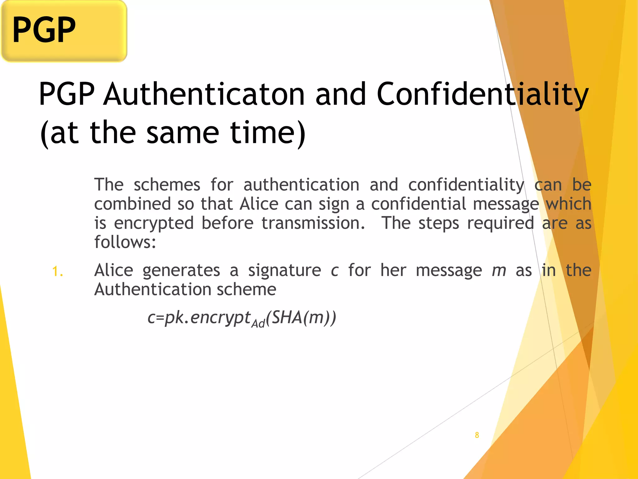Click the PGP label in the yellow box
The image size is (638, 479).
[44, 30]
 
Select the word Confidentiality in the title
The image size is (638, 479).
[483, 94]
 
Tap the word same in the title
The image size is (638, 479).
[183, 133]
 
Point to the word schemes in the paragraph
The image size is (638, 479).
[167, 185]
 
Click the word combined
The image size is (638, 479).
[133, 204]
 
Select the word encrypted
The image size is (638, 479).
[154, 223]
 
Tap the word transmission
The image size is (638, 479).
[313, 223]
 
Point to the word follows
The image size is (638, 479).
[125, 242]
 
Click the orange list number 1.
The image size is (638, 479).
[57, 271]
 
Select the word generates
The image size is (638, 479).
[181, 270]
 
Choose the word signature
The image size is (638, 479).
[284, 270]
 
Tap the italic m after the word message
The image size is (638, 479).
[499, 270]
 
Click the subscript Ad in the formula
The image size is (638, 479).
[258, 323]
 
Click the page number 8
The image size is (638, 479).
[477, 435]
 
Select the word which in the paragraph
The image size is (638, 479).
[569, 204]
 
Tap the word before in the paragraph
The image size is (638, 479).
[227, 223]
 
